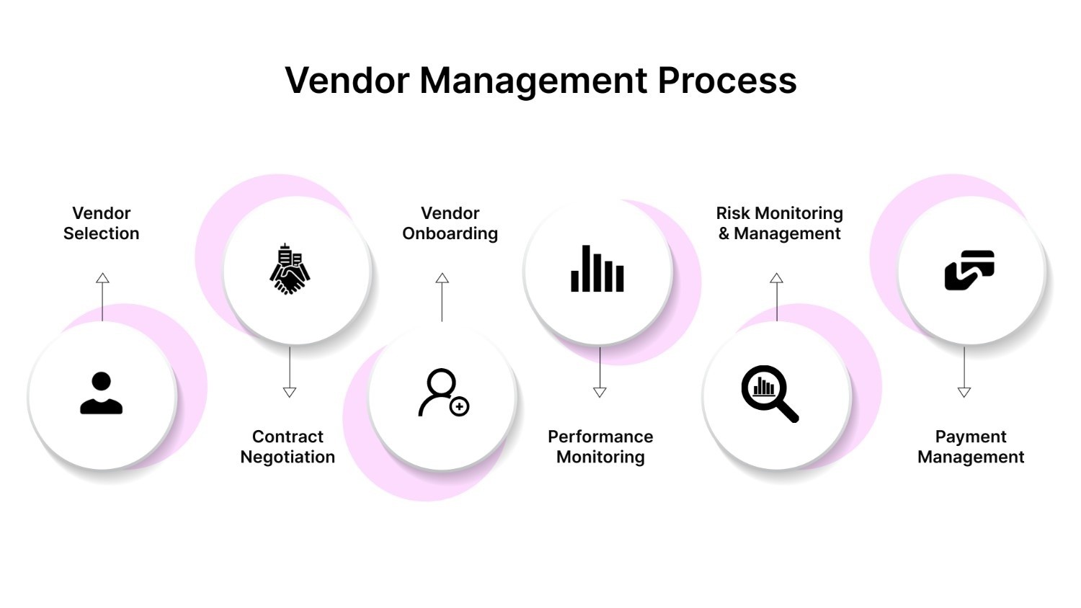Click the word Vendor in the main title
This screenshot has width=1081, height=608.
click(x=347, y=81)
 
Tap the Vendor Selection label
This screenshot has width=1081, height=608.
click(x=101, y=223)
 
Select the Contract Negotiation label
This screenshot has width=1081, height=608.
click(x=288, y=447)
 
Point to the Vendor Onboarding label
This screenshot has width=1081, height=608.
click(x=450, y=223)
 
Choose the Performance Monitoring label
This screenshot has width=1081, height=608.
click(x=600, y=447)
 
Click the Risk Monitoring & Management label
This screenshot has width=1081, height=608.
click(x=779, y=223)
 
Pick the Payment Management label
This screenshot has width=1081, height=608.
click(x=971, y=447)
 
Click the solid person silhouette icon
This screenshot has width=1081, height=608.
click(x=101, y=393)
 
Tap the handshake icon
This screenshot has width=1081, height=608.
click(x=290, y=269)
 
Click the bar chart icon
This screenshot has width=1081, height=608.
click(x=597, y=269)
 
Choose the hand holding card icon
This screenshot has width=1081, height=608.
click(x=969, y=269)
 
